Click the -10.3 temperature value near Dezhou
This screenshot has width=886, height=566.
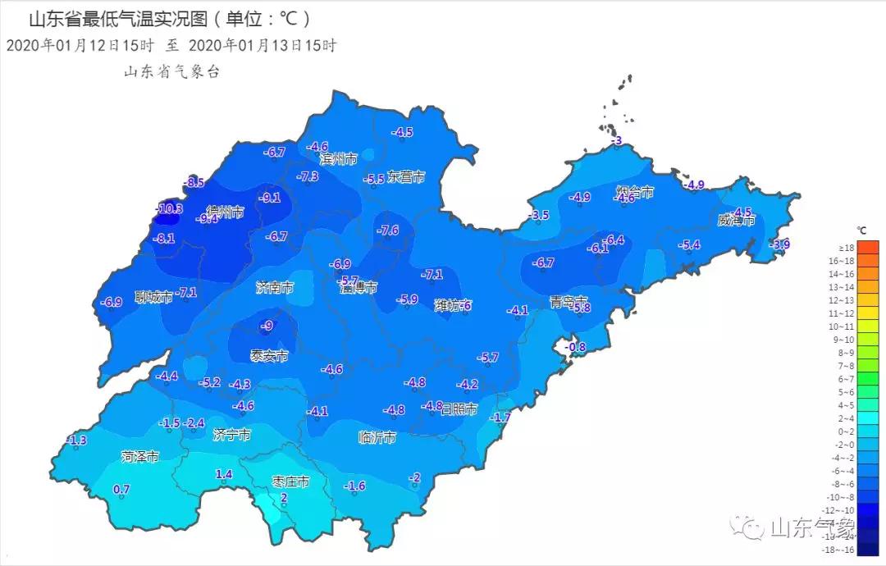170,209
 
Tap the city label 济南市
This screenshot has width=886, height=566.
274,289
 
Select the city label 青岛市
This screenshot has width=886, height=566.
569,301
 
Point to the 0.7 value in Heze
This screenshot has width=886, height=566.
121,490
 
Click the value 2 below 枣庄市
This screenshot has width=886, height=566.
284,498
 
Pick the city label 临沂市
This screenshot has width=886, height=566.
377,437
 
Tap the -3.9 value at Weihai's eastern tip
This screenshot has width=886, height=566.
779,244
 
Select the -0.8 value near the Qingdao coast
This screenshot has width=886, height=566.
576,347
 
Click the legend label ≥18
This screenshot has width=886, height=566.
846,248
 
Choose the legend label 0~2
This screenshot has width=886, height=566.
846,431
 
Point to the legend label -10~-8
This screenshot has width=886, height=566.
845,497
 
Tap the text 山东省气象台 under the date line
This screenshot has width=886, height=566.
171,72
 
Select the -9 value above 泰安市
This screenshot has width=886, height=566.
266,326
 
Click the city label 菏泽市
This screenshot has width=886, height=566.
139,456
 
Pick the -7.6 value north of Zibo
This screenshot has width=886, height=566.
387,231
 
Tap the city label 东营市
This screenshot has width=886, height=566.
406,176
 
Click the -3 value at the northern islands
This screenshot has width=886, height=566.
618,140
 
